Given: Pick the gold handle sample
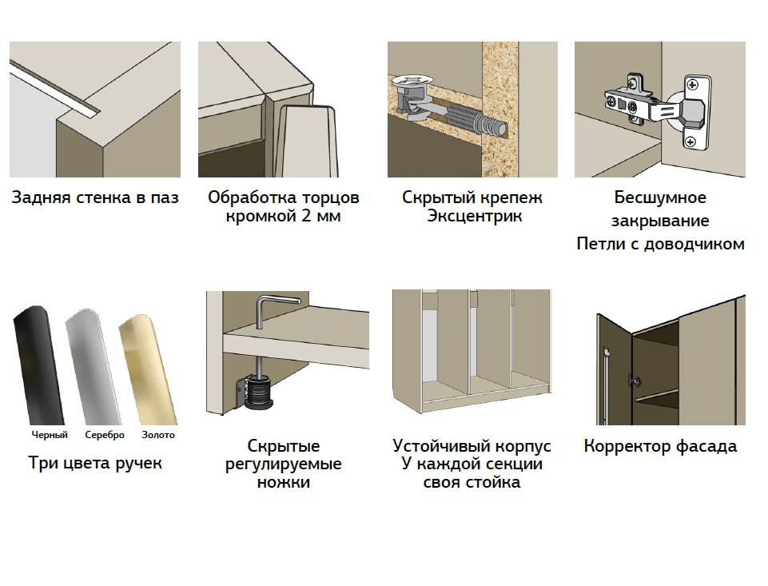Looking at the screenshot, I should [x=147, y=368].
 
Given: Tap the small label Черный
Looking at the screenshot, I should [x=50, y=435].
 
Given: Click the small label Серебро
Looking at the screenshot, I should [x=105, y=435].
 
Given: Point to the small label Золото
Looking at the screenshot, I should [x=158, y=435].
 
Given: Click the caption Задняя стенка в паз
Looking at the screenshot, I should [x=95, y=197].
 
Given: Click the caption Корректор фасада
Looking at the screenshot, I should [x=660, y=446].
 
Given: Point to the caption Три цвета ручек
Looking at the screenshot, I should [x=95, y=463].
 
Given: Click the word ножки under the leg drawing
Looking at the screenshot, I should [x=284, y=483].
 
